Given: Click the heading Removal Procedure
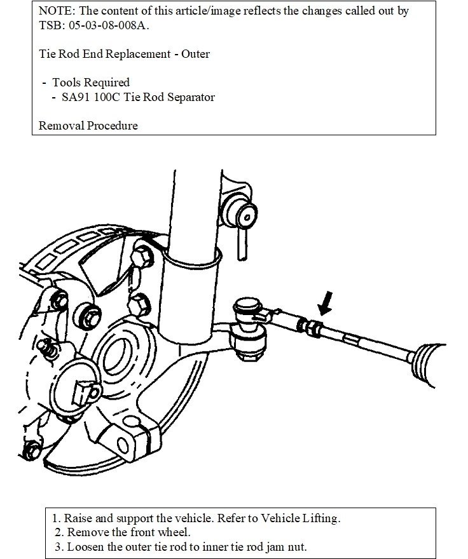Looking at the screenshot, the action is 88,125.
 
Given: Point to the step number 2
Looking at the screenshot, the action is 59,532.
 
